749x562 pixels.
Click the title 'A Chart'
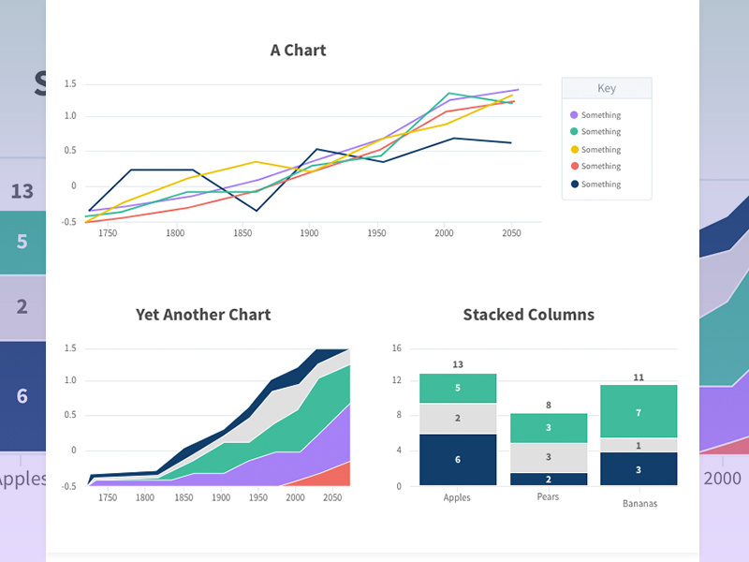[x=298, y=51]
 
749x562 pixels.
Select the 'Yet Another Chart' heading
[x=203, y=315]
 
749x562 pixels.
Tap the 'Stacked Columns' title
[x=528, y=315]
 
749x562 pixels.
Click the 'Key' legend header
[x=607, y=88]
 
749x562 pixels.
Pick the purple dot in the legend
[x=574, y=115]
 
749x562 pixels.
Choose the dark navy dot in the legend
[x=574, y=185]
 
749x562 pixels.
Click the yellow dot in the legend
[x=574, y=150]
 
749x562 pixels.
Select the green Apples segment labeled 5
[x=458, y=388]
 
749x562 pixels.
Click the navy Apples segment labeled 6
[x=458, y=459]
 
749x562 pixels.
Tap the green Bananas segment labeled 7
[x=638, y=412]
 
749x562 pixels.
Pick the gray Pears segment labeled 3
[x=548, y=457]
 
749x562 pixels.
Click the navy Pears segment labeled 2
[x=548, y=479]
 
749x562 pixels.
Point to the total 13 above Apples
[x=458, y=364]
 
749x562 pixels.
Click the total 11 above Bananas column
[x=638, y=377]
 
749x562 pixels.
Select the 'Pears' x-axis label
[x=548, y=497]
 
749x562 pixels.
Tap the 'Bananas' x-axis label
[x=639, y=504]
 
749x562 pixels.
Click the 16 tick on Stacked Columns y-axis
[x=397, y=348]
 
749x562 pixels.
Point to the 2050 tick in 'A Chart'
[x=511, y=232]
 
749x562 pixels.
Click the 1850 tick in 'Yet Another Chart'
[x=183, y=498]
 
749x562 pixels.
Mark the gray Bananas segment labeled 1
[x=638, y=445]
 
